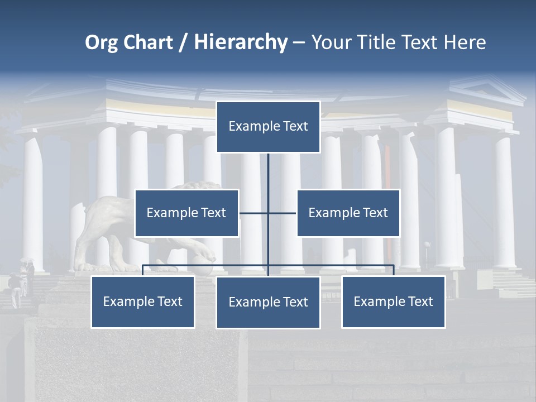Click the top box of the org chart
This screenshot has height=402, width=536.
click(268, 127)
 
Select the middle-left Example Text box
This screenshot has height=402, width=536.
click(186, 213)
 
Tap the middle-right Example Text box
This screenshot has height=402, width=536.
click(348, 213)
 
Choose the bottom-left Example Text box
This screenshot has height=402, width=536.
click(143, 302)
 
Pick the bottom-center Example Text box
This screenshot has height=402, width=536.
click(268, 303)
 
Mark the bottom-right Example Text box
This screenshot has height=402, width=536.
click(393, 302)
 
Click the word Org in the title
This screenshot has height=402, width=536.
click(101, 42)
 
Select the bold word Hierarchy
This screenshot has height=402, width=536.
click(241, 42)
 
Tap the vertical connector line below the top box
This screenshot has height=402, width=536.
click(268, 173)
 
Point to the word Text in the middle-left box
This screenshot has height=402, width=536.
click(213, 213)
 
